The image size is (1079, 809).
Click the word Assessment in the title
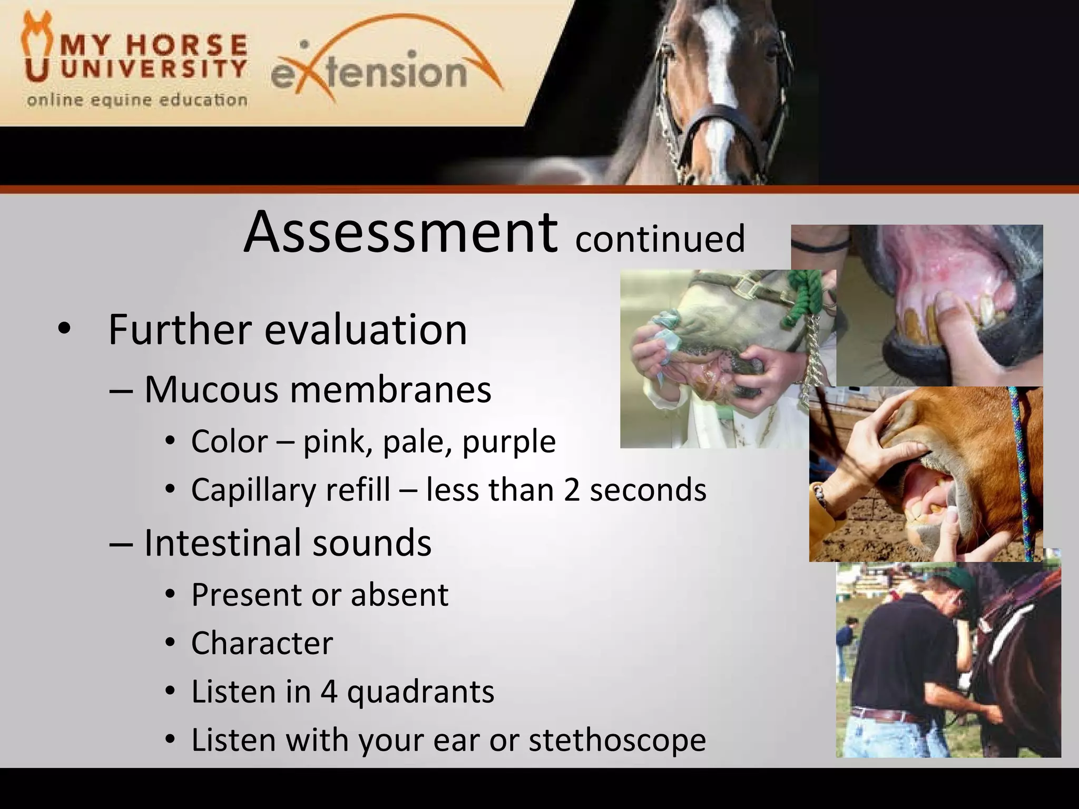(400, 233)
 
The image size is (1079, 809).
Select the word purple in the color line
(509, 441)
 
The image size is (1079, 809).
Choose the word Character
(262, 644)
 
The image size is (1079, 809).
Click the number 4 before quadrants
(329, 692)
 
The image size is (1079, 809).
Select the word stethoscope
(617, 740)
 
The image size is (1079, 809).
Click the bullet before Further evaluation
(64, 330)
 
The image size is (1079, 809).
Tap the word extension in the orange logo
(369, 74)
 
